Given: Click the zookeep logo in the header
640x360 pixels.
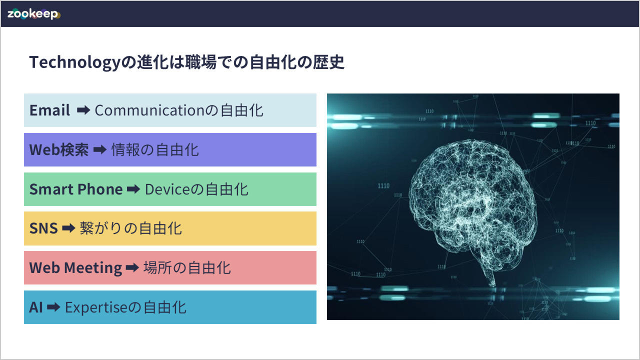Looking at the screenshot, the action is tap(33, 14).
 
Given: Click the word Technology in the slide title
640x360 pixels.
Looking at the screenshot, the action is tap(75, 62).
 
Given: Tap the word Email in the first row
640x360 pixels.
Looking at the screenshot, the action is tap(49, 110).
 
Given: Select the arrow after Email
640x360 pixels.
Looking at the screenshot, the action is tap(83, 110).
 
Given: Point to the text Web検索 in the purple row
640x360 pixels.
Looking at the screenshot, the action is tap(59, 149).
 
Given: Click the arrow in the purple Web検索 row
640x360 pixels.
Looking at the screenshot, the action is tap(100, 149).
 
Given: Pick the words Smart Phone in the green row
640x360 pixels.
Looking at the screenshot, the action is tap(76, 189).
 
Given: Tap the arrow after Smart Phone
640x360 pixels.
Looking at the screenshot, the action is tap(133, 189).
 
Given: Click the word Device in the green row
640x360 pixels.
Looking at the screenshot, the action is tap(167, 189).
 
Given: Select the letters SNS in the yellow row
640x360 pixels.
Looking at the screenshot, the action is tap(43, 228).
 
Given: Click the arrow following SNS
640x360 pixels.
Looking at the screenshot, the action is tap(69, 228).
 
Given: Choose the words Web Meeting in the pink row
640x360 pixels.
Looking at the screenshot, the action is tap(75, 268).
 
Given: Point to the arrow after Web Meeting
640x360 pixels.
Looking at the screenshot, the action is tap(132, 267).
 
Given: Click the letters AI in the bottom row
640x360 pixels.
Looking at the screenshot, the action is tap(36, 307).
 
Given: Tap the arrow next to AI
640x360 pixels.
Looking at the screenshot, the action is tap(53, 307).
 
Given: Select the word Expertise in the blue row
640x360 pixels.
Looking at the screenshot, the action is tap(96, 307).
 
